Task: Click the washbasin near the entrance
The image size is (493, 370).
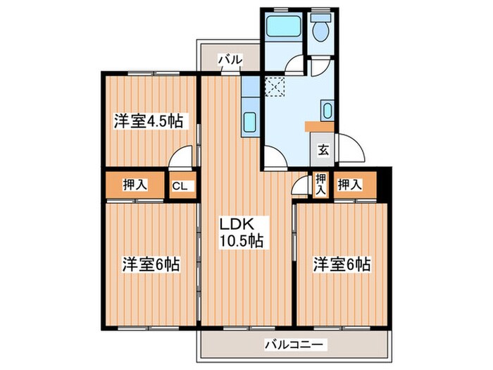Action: point(326,111)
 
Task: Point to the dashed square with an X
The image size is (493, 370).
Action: point(273,87)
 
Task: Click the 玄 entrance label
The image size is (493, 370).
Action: point(322,149)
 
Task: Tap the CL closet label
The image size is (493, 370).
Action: point(180,186)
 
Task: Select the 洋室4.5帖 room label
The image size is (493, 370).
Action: point(149,121)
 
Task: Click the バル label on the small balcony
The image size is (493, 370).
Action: point(230,61)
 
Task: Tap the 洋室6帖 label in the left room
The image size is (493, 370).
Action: point(151,265)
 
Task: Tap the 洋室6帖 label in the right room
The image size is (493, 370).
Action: point(342,265)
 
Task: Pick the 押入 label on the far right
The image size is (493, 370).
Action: point(349,185)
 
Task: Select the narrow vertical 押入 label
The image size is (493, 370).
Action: point(320,185)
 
